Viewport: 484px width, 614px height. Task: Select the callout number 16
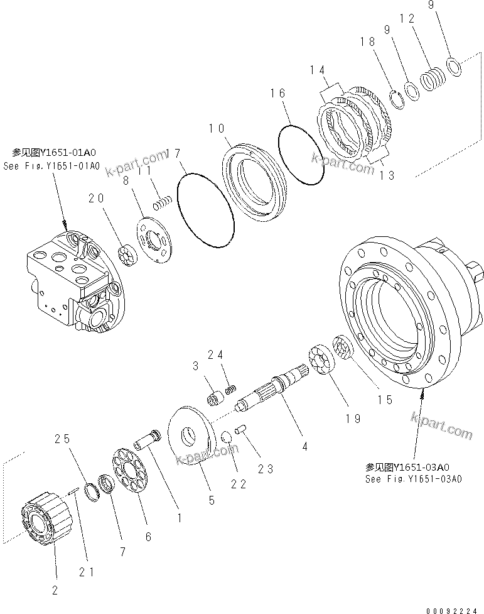[278, 94]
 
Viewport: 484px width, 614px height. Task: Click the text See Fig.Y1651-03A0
[413, 479]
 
